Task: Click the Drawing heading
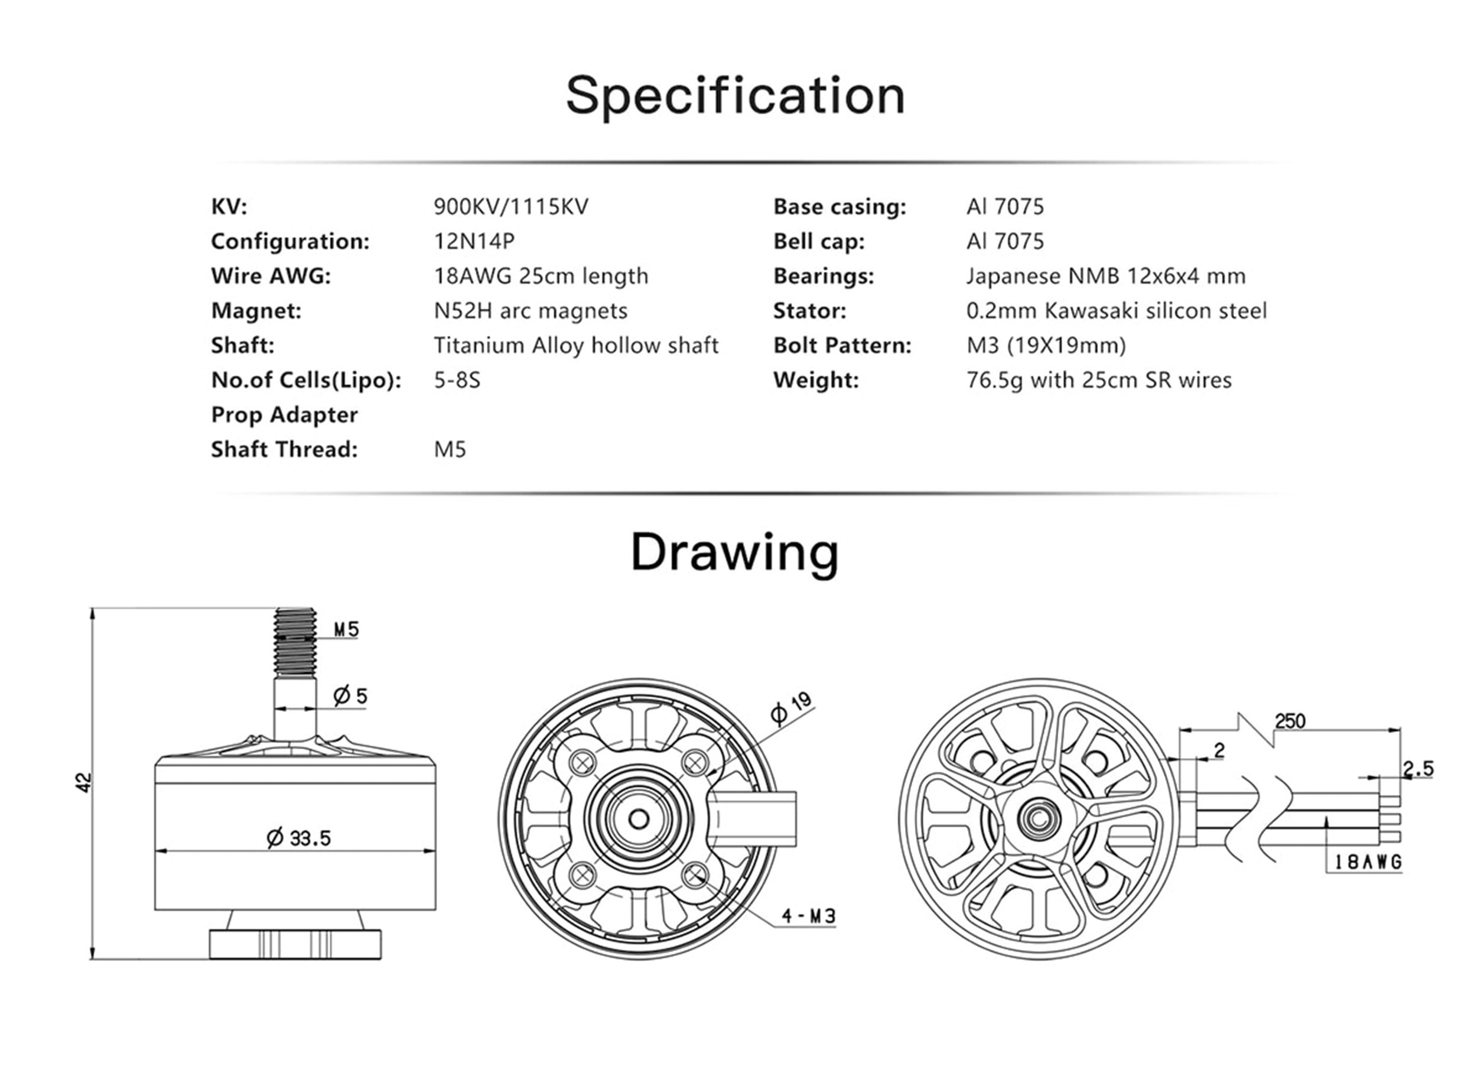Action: click(734, 552)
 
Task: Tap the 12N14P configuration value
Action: click(474, 241)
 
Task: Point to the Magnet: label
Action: click(256, 311)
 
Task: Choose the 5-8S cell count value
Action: click(457, 380)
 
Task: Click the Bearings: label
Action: click(823, 276)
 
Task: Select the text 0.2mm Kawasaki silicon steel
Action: click(1117, 311)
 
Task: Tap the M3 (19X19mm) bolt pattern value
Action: click(1046, 345)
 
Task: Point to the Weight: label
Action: click(816, 380)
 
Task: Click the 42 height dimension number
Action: click(84, 782)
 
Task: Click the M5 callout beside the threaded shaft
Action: click(346, 629)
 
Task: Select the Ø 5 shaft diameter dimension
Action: click(350, 695)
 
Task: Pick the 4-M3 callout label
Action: click(808, 916)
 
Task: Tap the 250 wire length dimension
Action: click(1290, 721)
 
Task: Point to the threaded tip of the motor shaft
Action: click(295, 642)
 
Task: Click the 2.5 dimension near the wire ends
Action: click(1418, 769)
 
